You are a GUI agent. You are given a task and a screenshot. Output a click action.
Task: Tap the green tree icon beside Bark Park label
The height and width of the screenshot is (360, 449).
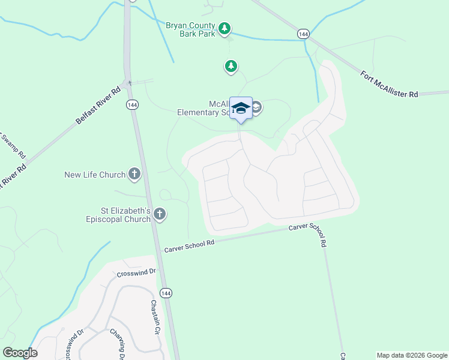click(x=224, y=28)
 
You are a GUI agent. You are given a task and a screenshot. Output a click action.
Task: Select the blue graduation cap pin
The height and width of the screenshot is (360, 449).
click(x=241, y=109)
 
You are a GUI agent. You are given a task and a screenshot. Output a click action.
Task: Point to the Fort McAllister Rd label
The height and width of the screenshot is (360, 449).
click(x=389, y=84)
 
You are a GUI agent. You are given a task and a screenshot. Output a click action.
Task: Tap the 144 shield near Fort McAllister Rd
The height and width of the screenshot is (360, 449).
click(x=304, y=35)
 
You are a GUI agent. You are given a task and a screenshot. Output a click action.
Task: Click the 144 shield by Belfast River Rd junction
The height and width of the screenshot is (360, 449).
click(x=131, y=104)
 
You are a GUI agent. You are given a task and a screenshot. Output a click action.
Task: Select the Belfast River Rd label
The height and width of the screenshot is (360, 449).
click(x=98, y=105)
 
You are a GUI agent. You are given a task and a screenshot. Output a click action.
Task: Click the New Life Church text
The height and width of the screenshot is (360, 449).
click(x=95, y=175)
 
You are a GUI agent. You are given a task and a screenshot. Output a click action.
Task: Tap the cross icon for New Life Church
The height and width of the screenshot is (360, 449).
click(x=134, y=175)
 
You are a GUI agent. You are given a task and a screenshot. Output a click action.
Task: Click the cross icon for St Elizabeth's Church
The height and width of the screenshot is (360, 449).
click(x=160, y=214)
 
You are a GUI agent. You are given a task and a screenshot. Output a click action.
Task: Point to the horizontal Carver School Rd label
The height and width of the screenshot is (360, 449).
click(x=189, y=244)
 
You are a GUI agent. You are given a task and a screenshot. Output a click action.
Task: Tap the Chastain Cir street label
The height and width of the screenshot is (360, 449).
click(x=155, y=317)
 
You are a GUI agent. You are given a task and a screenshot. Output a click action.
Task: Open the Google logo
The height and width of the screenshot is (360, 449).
click(x=20, y=353)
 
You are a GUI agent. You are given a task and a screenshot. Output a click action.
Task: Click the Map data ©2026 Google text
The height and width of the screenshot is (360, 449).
click(x=411, y=355)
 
